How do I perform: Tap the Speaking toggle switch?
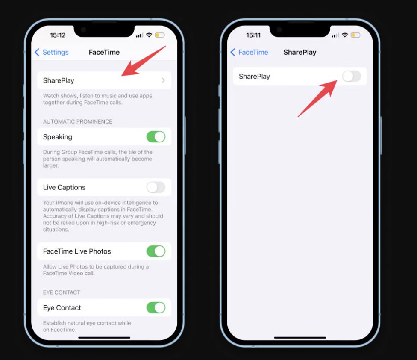tap(156, 137)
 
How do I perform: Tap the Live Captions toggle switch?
tap(156, 187)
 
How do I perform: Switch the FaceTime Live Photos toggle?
tap(156, 251)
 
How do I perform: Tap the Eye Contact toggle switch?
tap(156, 307)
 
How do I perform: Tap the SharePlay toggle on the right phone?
tap(352, 77)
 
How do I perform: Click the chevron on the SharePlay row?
tap(163, 80)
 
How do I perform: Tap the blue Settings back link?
tap(52, 52)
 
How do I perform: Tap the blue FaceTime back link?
tap(249, 52)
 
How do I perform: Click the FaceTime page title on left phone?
tap(104, 52)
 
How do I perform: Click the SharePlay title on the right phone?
tap(300, 52)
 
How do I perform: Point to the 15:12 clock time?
tap(58, 35)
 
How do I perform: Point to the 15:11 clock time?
tap(253, 35)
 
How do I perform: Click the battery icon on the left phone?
tap(160, 35)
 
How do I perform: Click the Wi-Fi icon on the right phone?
tap(345, 35)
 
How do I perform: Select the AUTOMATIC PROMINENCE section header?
tap(78, 121)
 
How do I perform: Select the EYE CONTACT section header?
tap(62, 292)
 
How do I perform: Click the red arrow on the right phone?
tap(318, 98)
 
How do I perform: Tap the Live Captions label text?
tap(64, 187)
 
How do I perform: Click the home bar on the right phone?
tap(300, 338)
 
